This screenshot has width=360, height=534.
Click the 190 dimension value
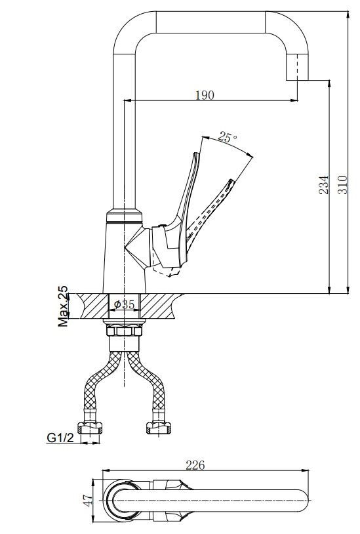tap(205, 95)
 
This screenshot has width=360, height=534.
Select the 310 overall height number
tap(342, 184)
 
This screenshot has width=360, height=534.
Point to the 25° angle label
tap(228, 137)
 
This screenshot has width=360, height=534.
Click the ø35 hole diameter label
tap(124, 304)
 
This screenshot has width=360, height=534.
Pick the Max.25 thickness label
tap(62, 306)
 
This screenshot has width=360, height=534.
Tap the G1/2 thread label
tap(60, 438)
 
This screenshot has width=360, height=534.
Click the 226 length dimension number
tap(195, 465)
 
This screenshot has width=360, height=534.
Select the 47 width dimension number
tap(88, 500)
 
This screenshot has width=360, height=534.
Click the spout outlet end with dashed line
tap(297, 68)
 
